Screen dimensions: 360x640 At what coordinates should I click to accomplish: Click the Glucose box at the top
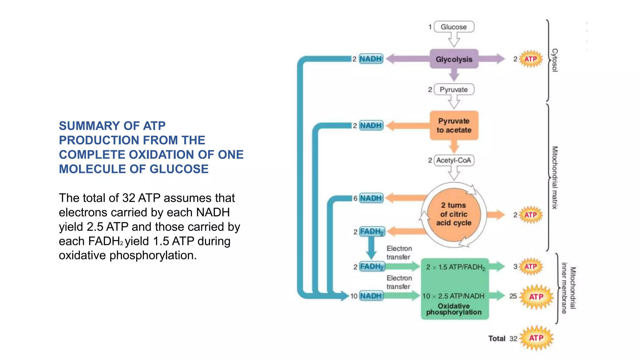(454, 27)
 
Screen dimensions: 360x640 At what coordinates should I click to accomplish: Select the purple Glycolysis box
(454, 59)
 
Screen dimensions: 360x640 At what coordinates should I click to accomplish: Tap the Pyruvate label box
(454, 90)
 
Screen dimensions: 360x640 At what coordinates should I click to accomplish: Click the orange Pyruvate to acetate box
(454, 125)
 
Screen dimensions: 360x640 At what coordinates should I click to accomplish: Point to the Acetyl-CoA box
(454, 160)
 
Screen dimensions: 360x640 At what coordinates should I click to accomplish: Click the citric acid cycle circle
(454, 214)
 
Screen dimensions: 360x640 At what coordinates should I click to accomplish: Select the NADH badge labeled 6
(371, 198)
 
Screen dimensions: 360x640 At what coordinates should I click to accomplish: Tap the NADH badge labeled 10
(371, 296)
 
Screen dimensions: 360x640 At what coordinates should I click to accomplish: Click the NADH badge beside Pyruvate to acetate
(371, 125)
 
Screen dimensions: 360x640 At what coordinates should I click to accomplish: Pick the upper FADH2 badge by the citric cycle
(372, 232)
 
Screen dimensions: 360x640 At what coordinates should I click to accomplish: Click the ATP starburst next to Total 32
(536, 338)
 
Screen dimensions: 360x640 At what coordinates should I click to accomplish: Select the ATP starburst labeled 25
(536, 297)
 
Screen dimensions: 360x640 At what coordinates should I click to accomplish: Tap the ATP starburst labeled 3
(531, 267)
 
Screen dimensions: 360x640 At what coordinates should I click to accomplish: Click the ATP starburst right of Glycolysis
(531, 59)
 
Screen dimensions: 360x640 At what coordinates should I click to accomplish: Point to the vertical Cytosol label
(555, 60)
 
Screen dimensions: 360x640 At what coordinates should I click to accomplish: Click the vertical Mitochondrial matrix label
(555, 177)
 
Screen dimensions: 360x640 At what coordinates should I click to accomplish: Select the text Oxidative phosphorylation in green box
(454, 309)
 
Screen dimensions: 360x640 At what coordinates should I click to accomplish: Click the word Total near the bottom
(497, 338)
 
